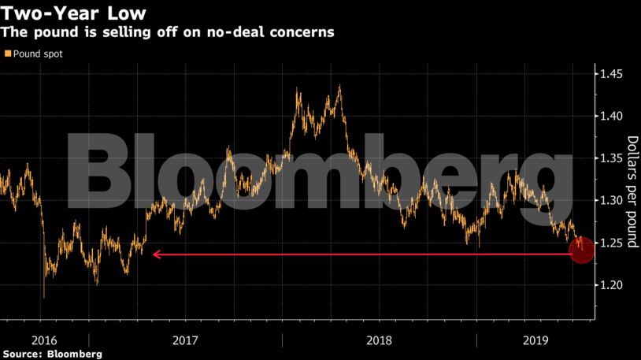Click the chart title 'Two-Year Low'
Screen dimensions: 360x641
[x=67, y=13]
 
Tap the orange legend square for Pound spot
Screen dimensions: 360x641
[x=8, y=54]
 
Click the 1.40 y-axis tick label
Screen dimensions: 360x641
[x=612, y=116]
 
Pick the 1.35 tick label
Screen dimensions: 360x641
[x=612, y=158]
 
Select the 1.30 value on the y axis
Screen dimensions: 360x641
[x=612, y=200]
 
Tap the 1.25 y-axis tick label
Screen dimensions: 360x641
[x=612, y=242]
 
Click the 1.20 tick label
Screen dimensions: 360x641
[x=612, y=284]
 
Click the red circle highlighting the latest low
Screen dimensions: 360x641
[x=581, y=252]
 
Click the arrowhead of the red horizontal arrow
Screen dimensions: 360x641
[x=156, y=254]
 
